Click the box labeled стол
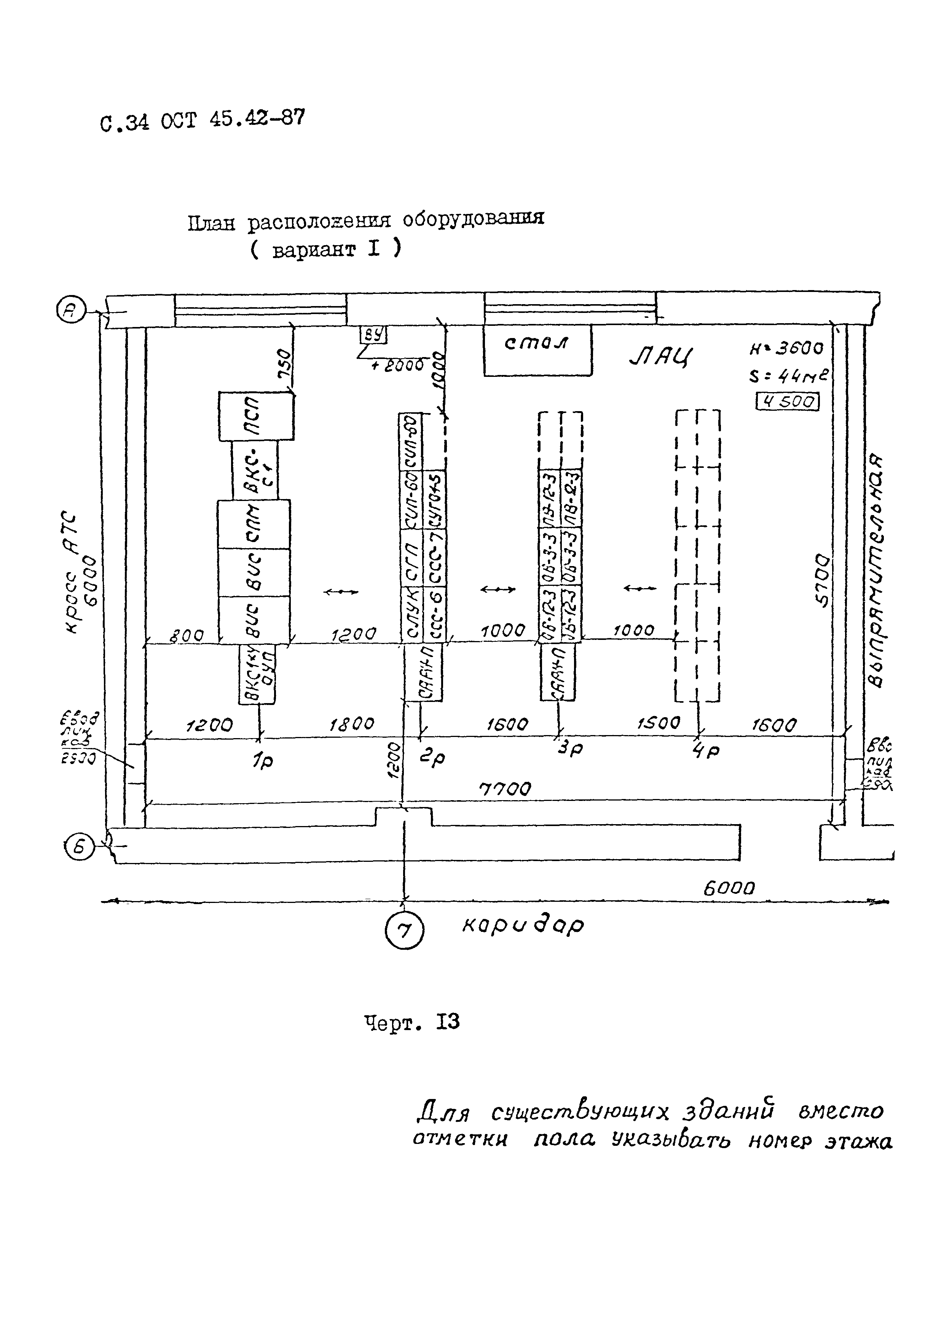(x=538, y=350)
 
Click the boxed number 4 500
(x=787, y=402)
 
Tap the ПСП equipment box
(x=256, y=416)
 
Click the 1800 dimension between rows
(x=352, y=724)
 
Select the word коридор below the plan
(x=523, y=925)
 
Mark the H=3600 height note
(x=786, y=348)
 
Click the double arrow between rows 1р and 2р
(x=341, y=592)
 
